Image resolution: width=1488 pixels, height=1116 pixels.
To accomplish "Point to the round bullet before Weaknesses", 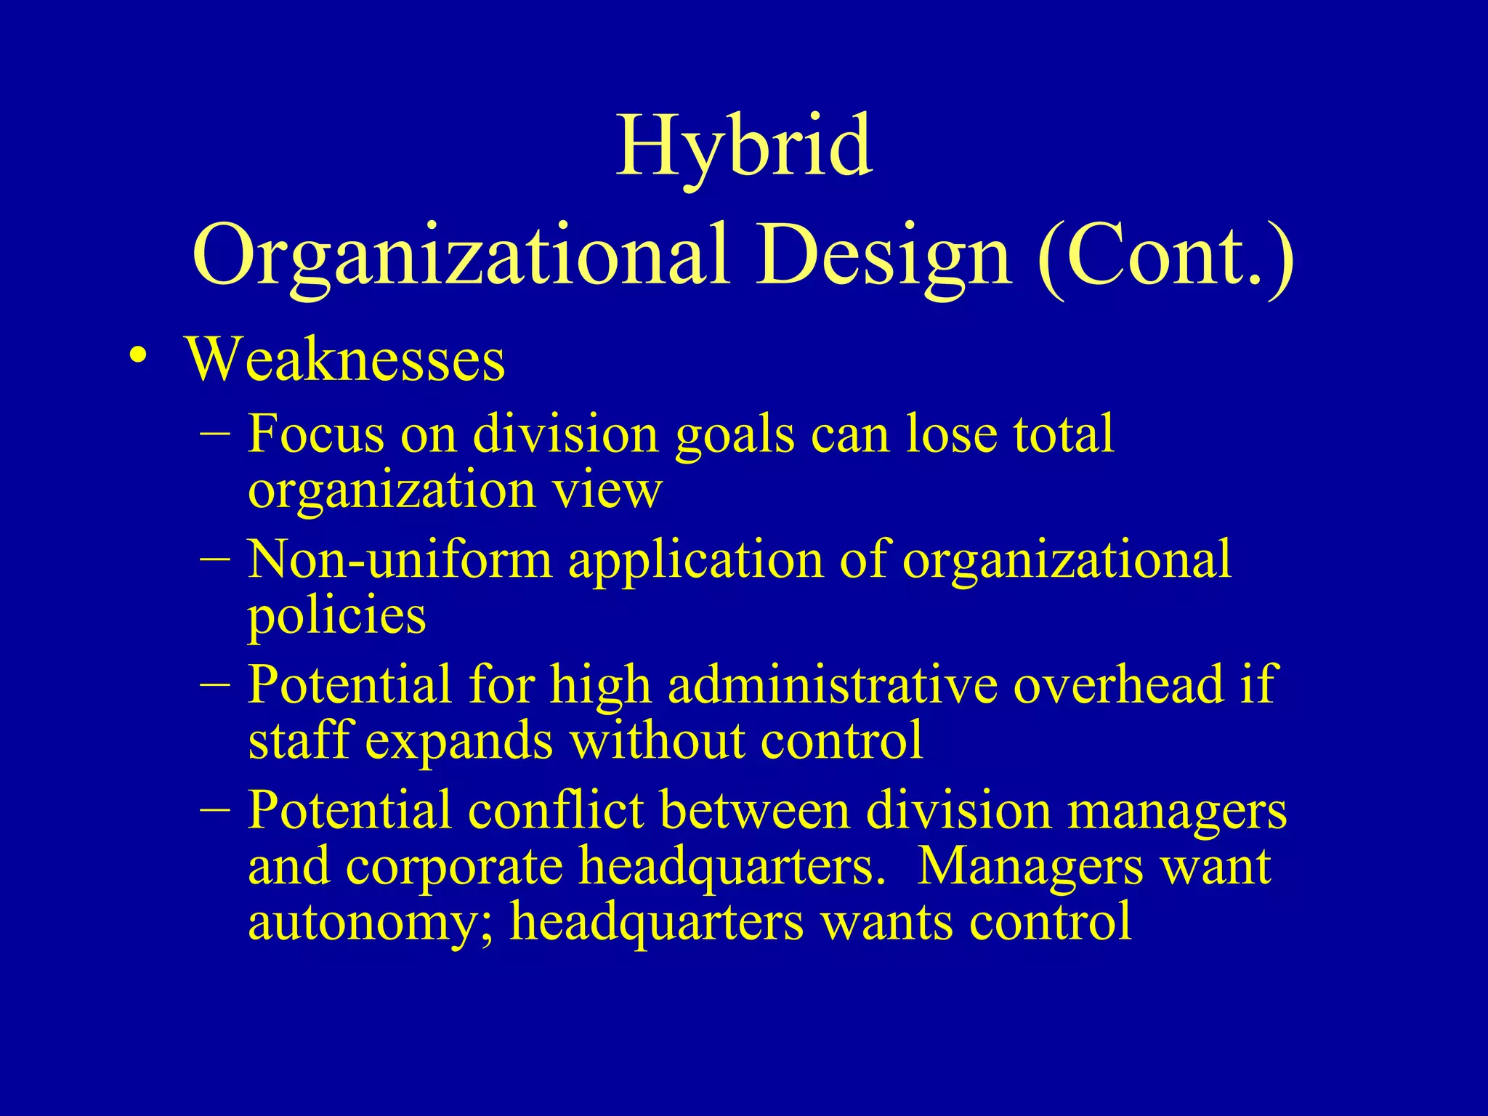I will point(137,356).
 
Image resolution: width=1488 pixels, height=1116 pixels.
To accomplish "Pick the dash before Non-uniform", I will point(214,559).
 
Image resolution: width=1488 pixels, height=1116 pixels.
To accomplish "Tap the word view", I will point(607,490).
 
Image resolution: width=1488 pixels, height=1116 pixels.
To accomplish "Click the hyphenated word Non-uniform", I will point(400,560).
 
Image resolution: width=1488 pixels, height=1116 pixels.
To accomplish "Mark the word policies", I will point(336,616).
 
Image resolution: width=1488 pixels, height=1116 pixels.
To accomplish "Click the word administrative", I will point(833,685).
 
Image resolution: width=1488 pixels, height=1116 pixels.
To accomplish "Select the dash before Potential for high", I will point(214,684).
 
